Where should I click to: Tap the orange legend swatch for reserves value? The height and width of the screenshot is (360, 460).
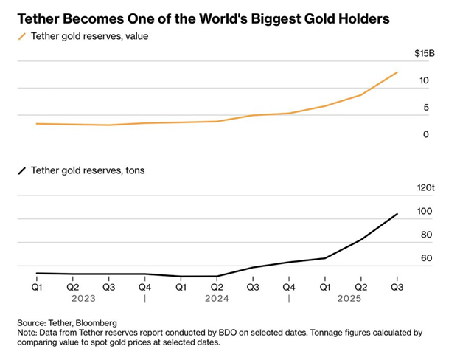22,35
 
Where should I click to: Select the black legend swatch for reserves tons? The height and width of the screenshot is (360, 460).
22,170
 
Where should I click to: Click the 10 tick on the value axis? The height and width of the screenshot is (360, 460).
425,80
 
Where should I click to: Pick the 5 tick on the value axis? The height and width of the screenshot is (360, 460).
426,108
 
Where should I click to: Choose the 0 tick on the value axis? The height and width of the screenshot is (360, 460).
426,134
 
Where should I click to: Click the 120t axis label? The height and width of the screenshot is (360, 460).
426,188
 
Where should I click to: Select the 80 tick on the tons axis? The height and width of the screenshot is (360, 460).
425,235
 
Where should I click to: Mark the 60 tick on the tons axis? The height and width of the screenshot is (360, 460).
425,259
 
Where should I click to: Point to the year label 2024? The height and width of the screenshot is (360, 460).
217,299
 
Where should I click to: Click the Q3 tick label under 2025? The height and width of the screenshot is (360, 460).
397,286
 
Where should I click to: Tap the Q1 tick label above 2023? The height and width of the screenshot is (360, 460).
37,286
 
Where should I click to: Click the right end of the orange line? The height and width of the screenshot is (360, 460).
398,72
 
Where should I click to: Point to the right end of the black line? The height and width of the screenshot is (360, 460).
398,214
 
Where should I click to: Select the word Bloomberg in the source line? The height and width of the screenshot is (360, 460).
95,323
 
